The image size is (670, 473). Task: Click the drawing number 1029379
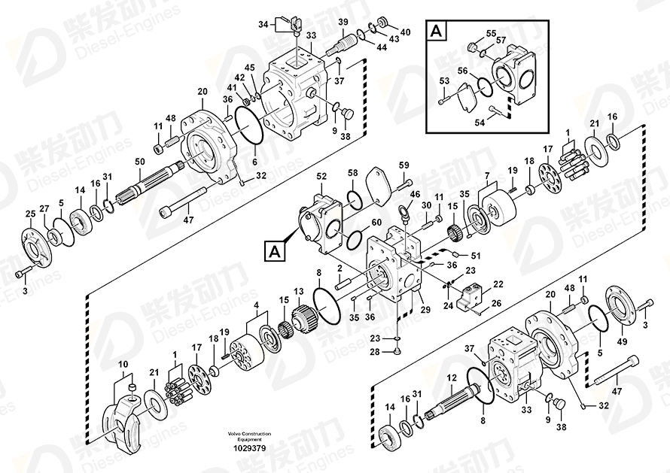pyautogui.click(x=249, y=448)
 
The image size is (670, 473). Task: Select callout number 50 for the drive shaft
pyautogui.click(x=140, y=162)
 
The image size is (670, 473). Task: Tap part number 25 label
pyautogui.click(x=30, y=214)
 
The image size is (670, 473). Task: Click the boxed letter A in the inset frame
pyautogui.click(x=437, y=32)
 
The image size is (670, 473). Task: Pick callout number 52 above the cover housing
pyautogui.click(x=321, y=176)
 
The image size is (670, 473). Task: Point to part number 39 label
pyautogui.click(x=343, y=23)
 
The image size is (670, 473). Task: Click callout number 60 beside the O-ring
pyautogui.click(x=376, y=223)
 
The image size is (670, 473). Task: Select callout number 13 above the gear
pyautogui.click(x=298, y=292)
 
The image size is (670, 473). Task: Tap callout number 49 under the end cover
pyautogui.click(x=622, y=341)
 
